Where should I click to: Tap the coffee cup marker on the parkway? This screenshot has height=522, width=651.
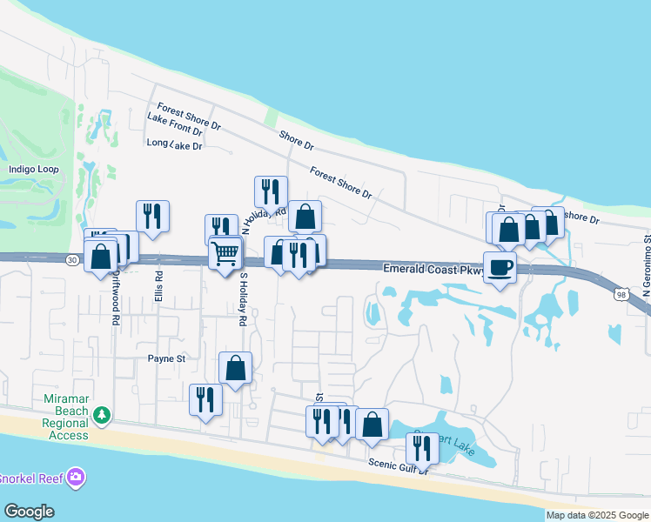pos(500,268)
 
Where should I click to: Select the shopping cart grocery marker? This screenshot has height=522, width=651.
pos(225,254)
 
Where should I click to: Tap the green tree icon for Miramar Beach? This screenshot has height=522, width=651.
pos(103,414)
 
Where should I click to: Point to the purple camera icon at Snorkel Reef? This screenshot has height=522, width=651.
pos(76,476)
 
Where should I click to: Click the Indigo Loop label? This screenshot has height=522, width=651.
pos(33,169)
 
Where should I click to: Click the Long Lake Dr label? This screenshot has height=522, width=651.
pos(175,144)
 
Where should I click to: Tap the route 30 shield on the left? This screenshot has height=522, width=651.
pos(71,259)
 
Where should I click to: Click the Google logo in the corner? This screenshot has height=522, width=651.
pos(29,512)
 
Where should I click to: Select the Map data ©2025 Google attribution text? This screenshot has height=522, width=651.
pos(597,515)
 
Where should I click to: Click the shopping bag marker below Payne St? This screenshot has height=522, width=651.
pos(235,368)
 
